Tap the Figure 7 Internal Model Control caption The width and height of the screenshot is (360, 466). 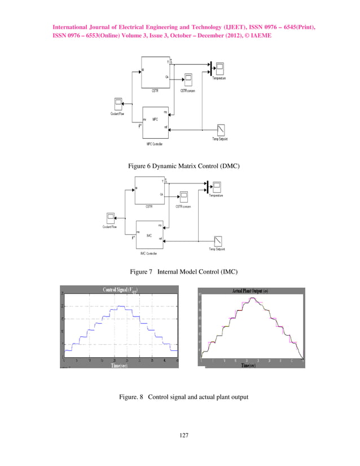(179, 272)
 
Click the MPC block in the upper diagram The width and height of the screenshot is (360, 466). (155, 120)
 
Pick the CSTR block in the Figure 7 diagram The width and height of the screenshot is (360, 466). (149, 191)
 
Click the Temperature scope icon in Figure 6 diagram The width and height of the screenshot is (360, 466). (219, 68)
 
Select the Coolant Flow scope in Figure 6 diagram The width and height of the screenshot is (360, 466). (118, 104)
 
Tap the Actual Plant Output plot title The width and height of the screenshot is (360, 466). (251, 291)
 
